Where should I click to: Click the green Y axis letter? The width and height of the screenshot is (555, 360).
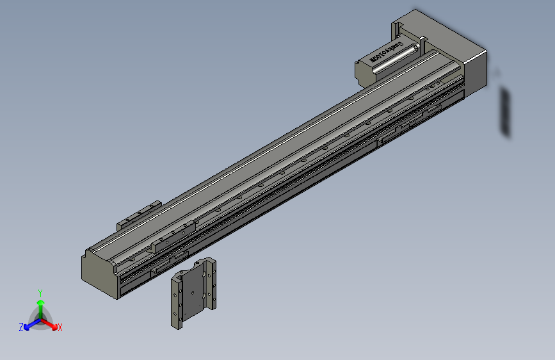[x=40, y=291]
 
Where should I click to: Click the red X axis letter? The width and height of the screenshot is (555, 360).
[x=60, y=327]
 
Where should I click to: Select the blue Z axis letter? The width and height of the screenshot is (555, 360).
[x=21, y=327]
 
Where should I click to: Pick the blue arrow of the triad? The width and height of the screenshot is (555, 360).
[x=29, y=324]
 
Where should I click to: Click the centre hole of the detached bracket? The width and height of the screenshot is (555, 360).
[x=191, y=291]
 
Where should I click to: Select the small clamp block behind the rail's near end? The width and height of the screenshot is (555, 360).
[x=138, y=215]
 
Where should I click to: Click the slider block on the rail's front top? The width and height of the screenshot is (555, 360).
[x=173, y=234]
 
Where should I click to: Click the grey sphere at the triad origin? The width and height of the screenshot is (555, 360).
[x=40, y=318]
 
